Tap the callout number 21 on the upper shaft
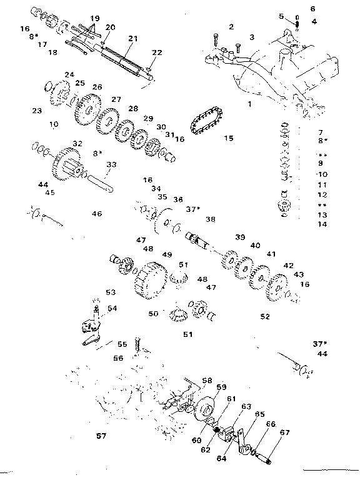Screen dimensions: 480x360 132,39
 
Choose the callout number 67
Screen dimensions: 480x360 267,432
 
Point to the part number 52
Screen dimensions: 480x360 265,317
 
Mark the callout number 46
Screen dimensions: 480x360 97,214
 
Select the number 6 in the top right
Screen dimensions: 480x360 312,9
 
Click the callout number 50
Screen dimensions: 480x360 153,314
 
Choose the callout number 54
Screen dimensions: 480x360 112,308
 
